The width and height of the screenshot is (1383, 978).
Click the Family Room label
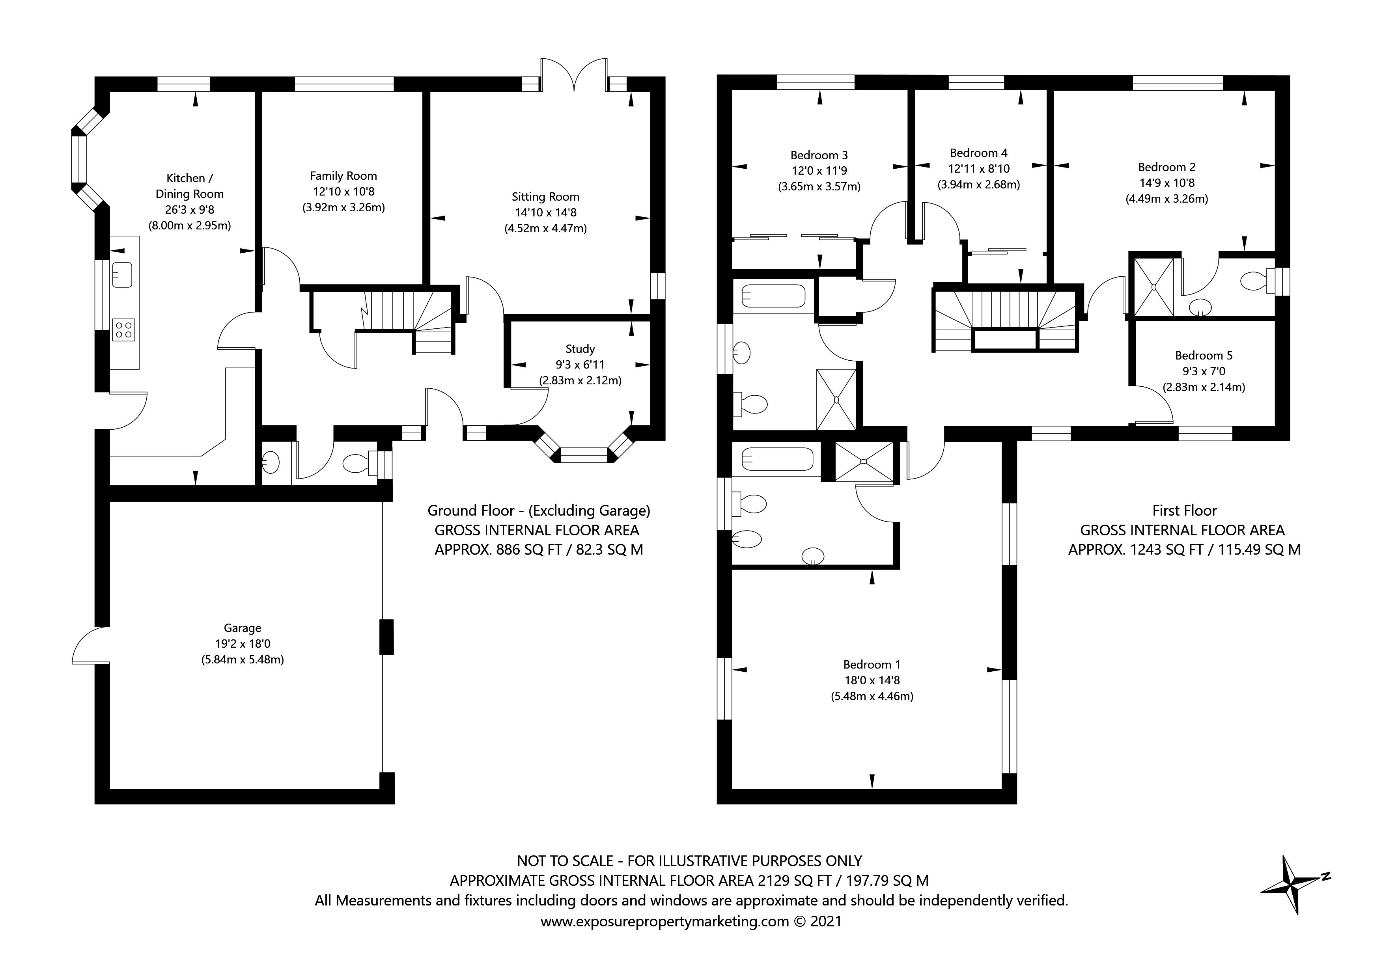click(x=343, y=176)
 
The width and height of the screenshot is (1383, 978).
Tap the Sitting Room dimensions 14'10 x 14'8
click(x=545, y=212)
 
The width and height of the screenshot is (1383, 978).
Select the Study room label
click(x=580, y=349)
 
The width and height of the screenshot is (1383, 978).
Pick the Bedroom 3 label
click(x=819, y=155)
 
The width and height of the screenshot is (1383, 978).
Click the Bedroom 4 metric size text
click(x=978, y=185)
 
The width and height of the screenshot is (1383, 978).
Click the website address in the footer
click(x=664, y=921)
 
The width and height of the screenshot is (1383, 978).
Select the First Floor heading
click(x=1184, y=510)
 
